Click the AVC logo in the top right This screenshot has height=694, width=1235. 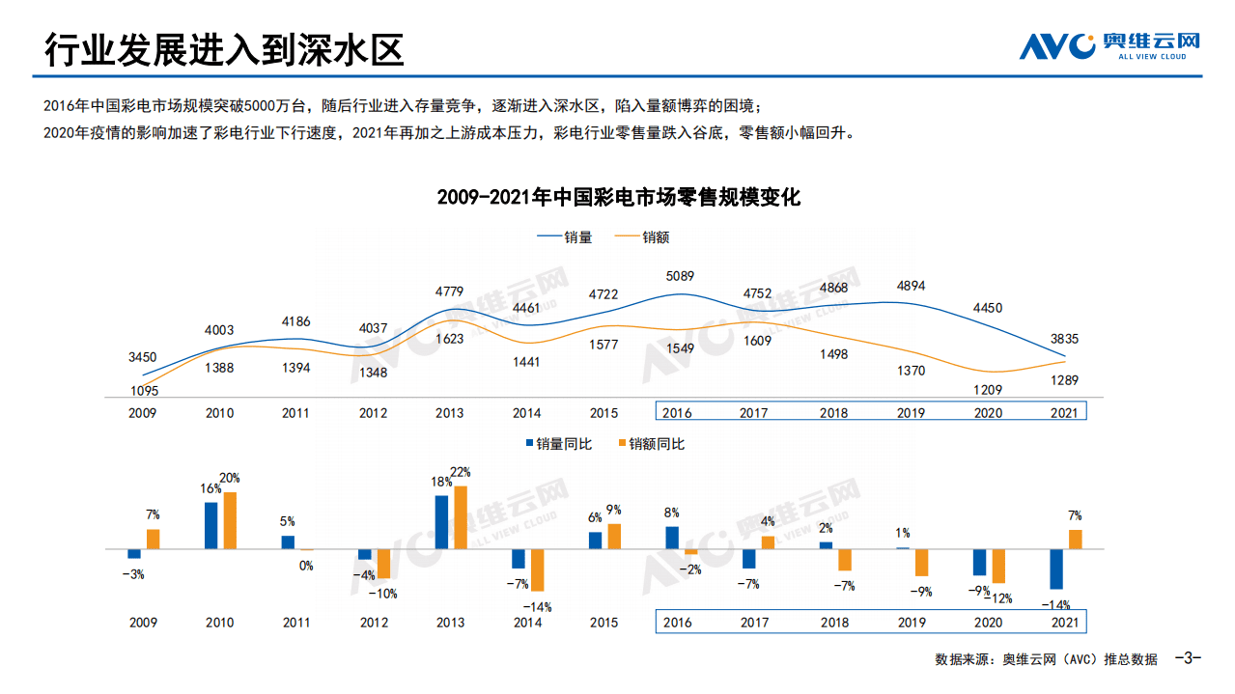click(x=1109, y=44)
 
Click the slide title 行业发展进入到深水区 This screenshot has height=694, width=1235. click(x=224, y=48)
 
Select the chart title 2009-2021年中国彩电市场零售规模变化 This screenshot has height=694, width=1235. click(x=618, y=198)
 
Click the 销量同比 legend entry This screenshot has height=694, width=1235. click(x=559, y=444)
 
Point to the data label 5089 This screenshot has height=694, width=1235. click(x=679, y=276)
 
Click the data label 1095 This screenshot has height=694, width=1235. click(x=143, y=391)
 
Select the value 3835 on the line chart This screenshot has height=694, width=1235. click(x=1063, y=339)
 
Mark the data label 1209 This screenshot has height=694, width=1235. click(x=987, y=391)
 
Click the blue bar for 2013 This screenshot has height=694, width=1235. click(x=441, y=522)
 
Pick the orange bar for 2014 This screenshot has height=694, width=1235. click(x=537, y=569)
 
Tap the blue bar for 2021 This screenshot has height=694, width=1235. click(x=1056, y=569)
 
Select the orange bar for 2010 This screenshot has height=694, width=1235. click(x=230, y=520)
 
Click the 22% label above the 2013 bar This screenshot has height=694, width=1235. click(x=461, y=472)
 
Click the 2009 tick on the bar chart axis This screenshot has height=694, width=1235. click(x=143, y=623)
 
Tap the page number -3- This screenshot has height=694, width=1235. click(x=1187, y=658)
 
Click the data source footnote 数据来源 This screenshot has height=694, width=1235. click(x=1046, y=659)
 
